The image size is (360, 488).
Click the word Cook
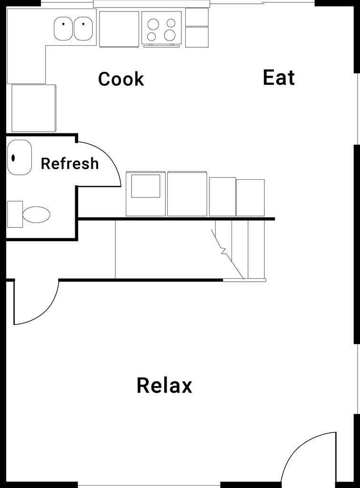tap(121, 79)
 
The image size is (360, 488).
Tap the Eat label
tap(279, 77)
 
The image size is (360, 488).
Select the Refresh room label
tap(70, 163)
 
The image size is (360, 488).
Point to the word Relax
tap(164, 385)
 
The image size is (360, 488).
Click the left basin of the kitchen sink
tap(63, 29)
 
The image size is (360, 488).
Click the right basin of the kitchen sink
tap(83, 29)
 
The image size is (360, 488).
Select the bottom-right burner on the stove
tap(170, 35)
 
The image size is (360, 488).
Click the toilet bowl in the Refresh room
tap(36, 215)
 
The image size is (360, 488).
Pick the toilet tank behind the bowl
tap(15, 214)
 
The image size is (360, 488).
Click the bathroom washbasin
tap(19, 157)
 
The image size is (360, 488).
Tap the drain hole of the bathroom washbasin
tap(13, 157)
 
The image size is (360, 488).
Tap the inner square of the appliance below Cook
tap(146, 186)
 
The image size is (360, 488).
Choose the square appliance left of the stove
tap(119, 29)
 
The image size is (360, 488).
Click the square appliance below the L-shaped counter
tap(33, 108)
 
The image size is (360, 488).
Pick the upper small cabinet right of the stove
tap(197, 17)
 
